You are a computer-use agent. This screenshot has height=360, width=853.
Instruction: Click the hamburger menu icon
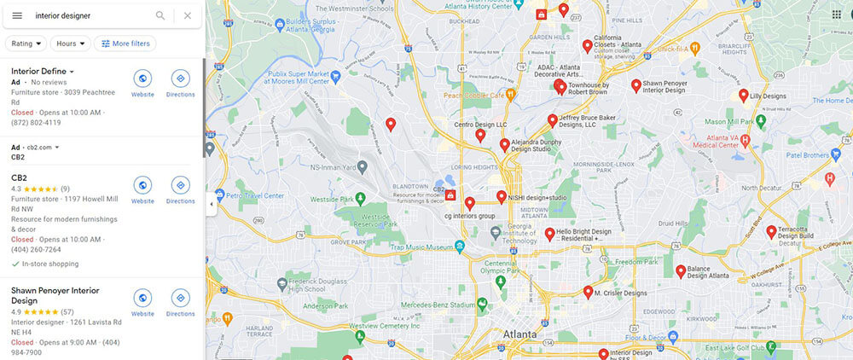pyautogui.click(x=17, y=15)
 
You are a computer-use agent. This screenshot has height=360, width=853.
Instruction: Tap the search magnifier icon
pyautogui.click(x=160, y=15)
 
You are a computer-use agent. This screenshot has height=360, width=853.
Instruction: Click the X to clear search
pyautogui.click(x=188, y=15)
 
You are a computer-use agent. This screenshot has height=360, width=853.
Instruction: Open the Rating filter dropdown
pyautogui.click(x=26, y=44)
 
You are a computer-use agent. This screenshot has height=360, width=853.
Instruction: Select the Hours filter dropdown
pyautogui.click(x=70, y=44)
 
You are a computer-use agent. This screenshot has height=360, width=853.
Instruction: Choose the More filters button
pyautogui.click(x=125, y=44)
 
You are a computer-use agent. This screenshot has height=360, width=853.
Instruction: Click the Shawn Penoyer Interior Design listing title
pyautogui.click(x=55, y=295)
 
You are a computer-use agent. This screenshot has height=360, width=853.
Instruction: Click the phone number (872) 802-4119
pyautogui.click(x=37, y=123)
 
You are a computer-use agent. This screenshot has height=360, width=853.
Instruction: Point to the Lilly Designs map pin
pyautogui.click(x=743, y=95)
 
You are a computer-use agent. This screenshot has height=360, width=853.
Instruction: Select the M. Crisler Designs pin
pyautogui.click(x=588, y=292)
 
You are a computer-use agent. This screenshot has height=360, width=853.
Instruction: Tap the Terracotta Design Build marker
pyautogui.click(x=771, y=231)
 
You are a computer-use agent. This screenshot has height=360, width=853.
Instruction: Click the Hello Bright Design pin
pyautogui.click(x=549, y=232)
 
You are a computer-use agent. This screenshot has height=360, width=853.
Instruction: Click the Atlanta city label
pyautogui.click(x=519, y=334)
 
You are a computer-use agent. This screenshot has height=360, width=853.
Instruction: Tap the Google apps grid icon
pyautogui.click(x=836, y=15)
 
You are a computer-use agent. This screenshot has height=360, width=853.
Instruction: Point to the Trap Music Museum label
pyautogui.click(x=422, y=247)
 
